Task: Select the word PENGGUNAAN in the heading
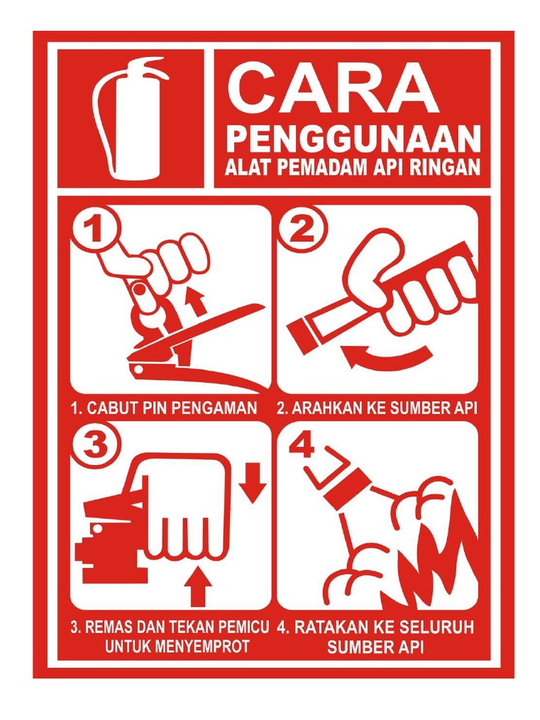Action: point(353,140)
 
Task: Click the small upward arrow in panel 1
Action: point(196,302)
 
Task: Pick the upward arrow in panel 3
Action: point(198,584)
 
